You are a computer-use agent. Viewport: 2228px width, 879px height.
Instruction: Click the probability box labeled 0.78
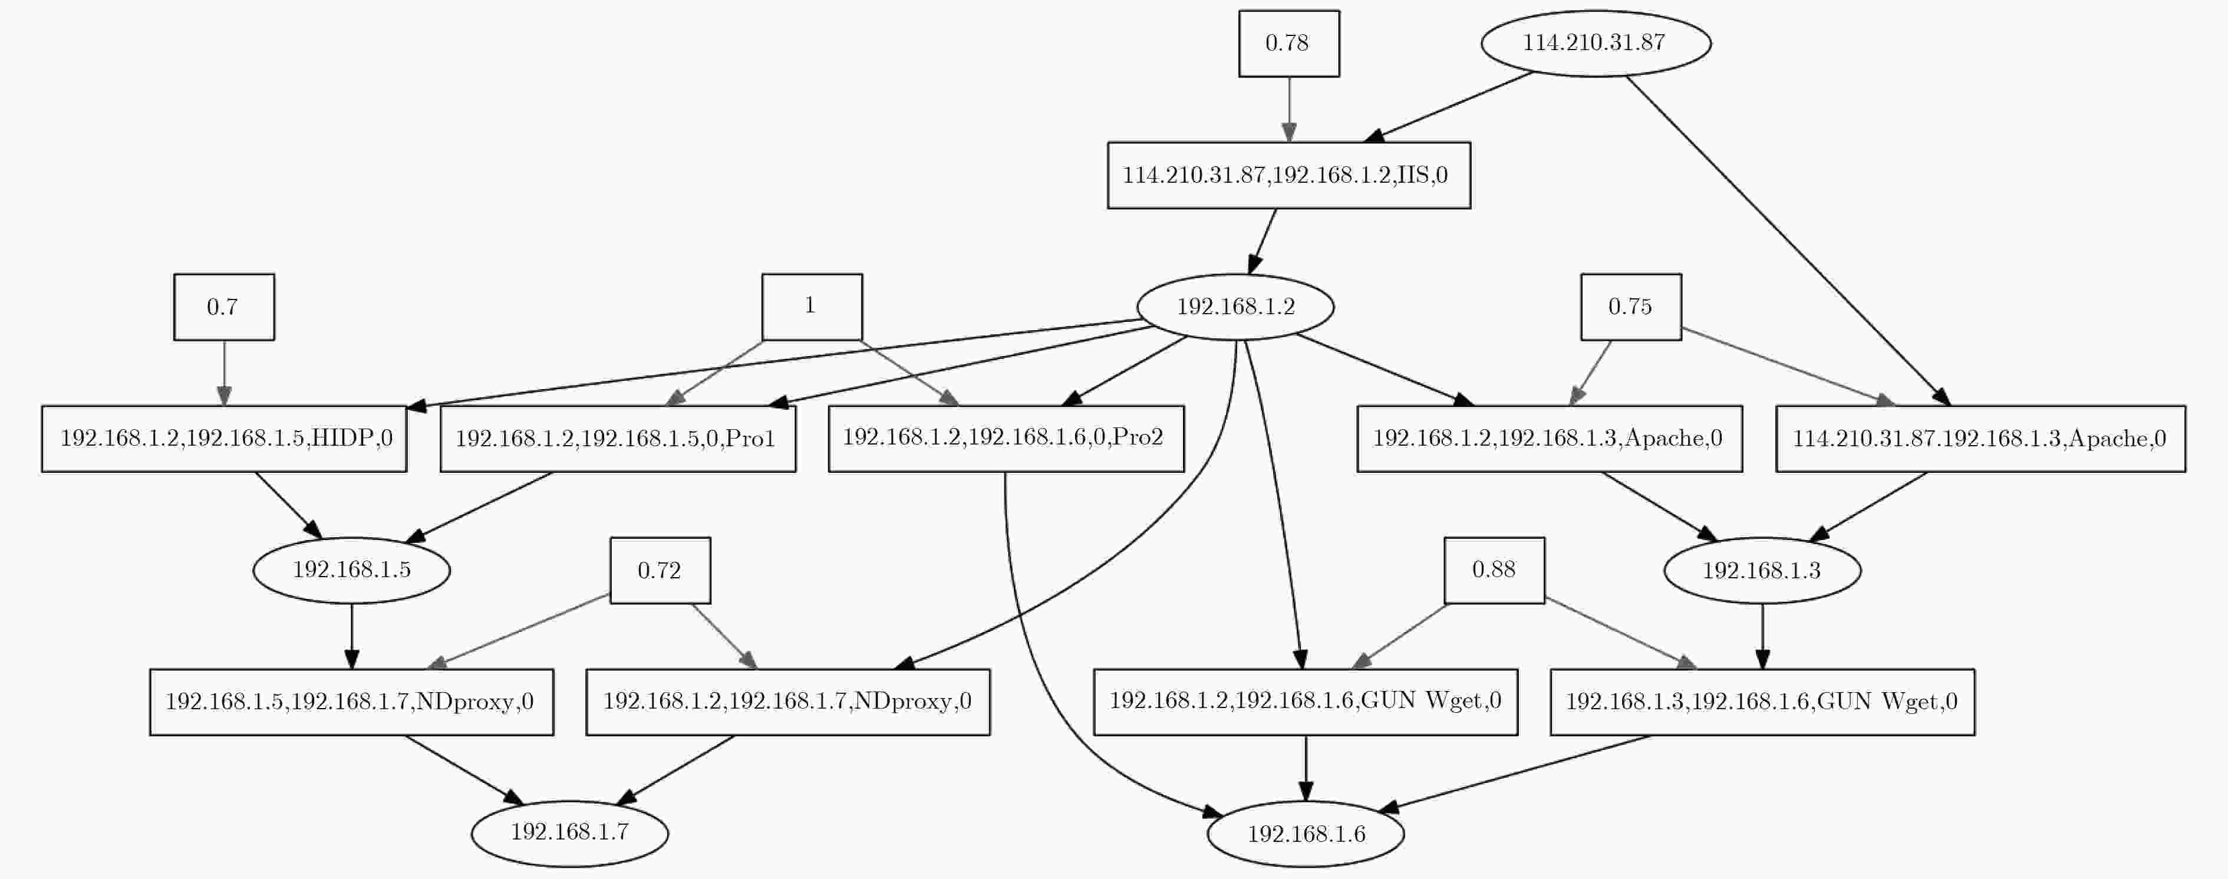(x=1288, y=43)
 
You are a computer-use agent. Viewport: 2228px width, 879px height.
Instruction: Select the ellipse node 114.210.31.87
(x=1596, y=43)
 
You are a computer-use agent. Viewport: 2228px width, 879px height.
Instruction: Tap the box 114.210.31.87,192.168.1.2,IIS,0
(x=1288, y=175)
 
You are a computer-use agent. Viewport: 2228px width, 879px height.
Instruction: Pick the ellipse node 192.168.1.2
(x=1235, y=307)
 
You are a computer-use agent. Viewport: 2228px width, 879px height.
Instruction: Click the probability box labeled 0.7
(x=224, y=307)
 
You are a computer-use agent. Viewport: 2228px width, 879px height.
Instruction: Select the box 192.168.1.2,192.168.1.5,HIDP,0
(x=224, y=439)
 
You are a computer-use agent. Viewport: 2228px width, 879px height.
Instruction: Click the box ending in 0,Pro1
(x=618, y=439)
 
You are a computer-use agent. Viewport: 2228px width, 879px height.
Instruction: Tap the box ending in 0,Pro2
(x=1006, y=439)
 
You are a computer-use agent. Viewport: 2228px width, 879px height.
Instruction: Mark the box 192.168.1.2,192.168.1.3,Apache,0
(x=1549, y=439)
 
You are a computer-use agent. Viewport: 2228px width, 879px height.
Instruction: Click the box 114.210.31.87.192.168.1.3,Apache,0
(x=1980, y=439)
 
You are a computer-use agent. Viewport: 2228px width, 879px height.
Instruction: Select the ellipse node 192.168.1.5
(x=351, y=570)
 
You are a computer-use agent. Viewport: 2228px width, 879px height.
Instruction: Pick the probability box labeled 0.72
(x=660, y=570)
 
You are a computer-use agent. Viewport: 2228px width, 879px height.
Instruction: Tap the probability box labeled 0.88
(x=1494, y=570)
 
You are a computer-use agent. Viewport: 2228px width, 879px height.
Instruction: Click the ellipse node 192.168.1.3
(x=1762, y=570)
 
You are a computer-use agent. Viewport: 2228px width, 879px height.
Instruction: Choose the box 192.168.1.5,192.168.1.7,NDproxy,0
(x=351, y=702)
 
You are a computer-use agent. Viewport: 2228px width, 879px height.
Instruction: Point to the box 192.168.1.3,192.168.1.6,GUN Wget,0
(x=1762, y=702)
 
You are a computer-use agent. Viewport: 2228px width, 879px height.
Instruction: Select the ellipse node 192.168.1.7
(x=569, y=833)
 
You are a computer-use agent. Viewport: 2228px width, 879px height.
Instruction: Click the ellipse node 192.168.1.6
(x=1305, y=833)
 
